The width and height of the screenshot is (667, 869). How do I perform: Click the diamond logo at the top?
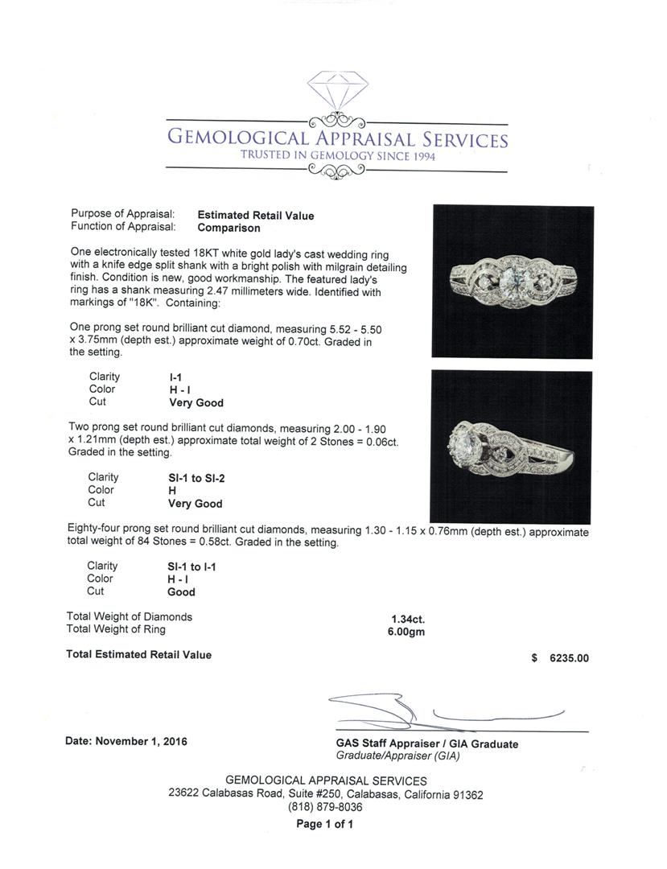click(336, 96)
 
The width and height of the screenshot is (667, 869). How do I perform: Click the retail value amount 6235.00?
click(569, 658)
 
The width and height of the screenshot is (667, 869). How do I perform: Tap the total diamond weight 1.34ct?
click(408, 619)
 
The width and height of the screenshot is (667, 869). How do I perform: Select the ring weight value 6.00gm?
click(406, 632)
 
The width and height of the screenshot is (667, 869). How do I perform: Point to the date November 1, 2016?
click(126, 741)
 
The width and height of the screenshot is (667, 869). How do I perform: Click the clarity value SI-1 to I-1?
click(191, 566)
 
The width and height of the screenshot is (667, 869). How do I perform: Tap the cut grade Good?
click(181, 592)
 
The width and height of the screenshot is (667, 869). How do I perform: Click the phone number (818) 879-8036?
click(325, 807)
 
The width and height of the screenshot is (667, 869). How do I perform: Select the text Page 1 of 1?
click(325, 824)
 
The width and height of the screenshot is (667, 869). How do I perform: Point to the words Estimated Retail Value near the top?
click(256, 216)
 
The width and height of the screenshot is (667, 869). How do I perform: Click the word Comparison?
click(229, 228)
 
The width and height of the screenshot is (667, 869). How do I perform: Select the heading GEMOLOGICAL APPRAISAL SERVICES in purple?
click(337, 139)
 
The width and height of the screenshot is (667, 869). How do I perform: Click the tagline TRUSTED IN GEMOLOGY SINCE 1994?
click(337, 156)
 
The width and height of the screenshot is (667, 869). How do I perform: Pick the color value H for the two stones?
click(172, 490)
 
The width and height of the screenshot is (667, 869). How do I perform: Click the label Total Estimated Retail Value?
click(138, 655)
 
